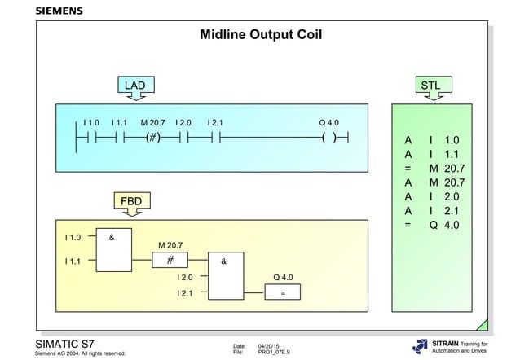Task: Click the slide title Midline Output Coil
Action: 261,36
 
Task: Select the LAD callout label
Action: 134,85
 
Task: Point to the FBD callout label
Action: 131,201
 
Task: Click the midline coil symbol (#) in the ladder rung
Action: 152,138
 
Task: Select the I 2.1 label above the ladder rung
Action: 215,122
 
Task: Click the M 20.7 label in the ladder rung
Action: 152,122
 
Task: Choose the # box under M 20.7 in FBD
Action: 170,260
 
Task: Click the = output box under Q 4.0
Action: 282,292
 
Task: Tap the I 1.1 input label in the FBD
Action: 73,261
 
